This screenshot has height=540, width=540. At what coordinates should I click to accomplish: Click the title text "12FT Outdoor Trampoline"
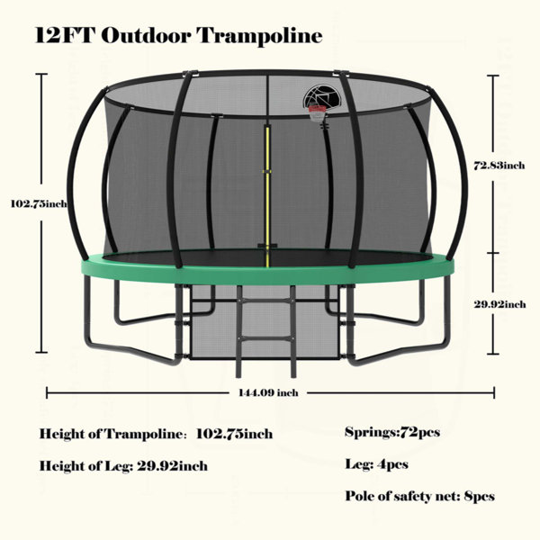(179, 35)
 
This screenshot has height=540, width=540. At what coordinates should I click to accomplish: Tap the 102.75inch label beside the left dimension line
(39, 204)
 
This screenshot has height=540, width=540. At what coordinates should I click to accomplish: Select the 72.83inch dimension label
(499, 166)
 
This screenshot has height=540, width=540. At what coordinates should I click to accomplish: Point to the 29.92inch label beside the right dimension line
(499, 304)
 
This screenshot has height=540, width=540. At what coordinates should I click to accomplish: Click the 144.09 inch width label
(268, 392)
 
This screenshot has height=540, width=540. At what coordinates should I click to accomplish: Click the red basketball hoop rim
(317, 109)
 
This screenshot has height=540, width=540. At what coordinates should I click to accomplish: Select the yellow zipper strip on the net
(266, 195)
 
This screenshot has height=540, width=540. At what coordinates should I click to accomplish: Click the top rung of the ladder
(265, 301)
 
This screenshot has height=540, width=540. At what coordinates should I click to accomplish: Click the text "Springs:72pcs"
(392, 432)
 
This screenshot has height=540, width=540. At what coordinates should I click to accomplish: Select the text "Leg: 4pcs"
(377, 464)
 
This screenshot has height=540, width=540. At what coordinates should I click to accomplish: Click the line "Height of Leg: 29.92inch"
(123, 466)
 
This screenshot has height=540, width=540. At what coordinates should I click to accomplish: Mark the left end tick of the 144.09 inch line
(47, 392)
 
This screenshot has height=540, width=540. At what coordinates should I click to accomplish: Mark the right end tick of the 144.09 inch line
(494, 392)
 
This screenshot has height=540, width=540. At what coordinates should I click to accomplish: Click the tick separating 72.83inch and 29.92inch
(493, 253)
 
